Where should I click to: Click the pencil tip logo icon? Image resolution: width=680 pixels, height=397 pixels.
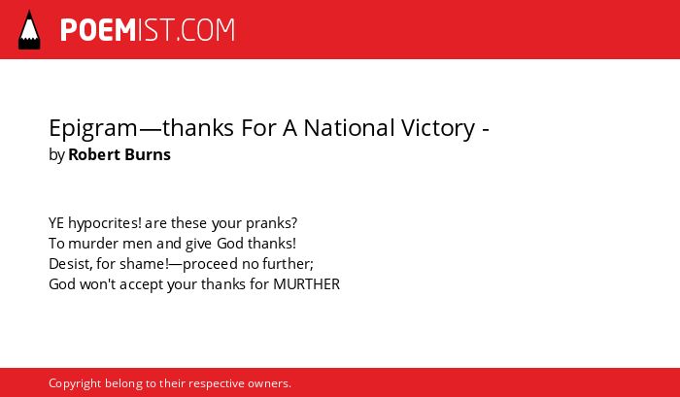coord(29,30)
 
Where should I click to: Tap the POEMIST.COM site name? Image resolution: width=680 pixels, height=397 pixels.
coord(148,30)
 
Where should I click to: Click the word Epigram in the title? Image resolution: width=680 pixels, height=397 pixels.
coord(93,129)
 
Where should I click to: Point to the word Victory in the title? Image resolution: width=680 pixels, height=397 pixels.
coord(438,129)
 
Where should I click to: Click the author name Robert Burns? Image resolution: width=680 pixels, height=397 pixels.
coord(119,154)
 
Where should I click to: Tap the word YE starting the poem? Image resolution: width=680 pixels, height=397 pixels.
coord(56,223)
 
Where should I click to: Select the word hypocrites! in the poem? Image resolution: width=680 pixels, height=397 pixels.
coord(105,224)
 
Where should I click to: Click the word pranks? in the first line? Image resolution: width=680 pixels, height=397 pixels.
coord(271,224)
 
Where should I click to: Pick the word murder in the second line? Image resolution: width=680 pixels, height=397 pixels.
coord(93,244)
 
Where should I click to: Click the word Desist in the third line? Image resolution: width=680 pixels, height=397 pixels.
coord(70,264)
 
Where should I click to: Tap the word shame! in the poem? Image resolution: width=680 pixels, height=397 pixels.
coord(144,264)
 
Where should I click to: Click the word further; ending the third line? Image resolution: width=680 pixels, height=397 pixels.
coord(288,264)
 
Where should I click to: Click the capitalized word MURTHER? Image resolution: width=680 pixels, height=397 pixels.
coord(306,284)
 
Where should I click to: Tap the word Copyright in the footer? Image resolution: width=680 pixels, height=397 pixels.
coord(75,384)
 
